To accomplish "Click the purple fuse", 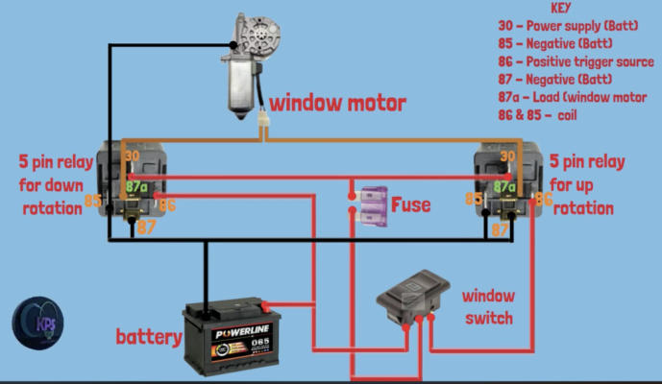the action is click(x=373, y=206).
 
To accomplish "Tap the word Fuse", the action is click(x=411, y=205).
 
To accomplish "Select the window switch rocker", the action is click(x=412, y=297).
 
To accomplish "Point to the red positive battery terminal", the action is click(x=265, y=306).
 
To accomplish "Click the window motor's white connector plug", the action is click(x=264, y=119).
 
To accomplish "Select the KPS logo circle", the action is click(x=38, y=323).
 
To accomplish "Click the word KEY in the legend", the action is click(x=561, y=8).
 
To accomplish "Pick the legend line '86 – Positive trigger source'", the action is click(x=576, y=61).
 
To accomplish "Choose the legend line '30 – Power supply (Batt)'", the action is click(x=568, y=26).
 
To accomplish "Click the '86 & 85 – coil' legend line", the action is click(x=537, y=115).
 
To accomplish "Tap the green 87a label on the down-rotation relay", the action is click(x=136, y=186).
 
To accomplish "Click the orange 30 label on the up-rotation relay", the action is click(x=507, y=156).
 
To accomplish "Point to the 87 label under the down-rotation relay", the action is click(x=146, y=228).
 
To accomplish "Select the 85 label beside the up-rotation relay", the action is click(x=474, y=199).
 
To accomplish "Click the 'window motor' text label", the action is click(x=337, y=104).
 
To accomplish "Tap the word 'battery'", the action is click(x=149, y=337).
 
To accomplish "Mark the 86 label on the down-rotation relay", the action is click(x=167, y=205).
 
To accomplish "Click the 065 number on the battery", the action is click(x=260, y=342).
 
